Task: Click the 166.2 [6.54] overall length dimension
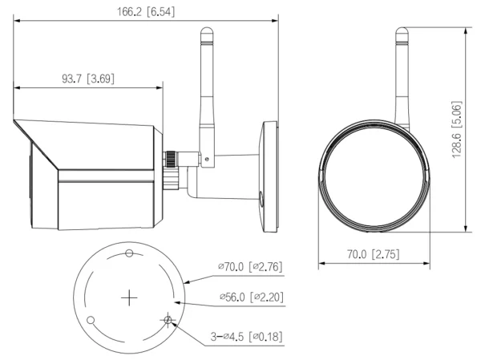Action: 145,12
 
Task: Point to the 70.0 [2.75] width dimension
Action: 369,255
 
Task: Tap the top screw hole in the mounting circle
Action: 130,254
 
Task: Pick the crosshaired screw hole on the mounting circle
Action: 168,321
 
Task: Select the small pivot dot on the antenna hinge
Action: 206,160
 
